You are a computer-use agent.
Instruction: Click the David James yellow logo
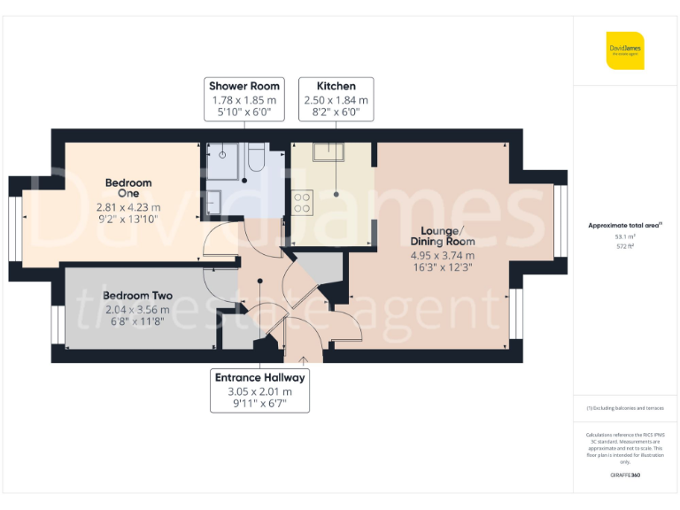(625, 50)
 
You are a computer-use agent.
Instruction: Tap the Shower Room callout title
(244, 86)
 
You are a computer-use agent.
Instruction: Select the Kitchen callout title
(336, 86)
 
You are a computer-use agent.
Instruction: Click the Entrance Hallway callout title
(260, 377)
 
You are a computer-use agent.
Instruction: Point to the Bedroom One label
(128, 189)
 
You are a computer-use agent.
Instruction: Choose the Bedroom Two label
(137, 296)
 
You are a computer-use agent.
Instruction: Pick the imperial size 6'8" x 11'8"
(137, 322)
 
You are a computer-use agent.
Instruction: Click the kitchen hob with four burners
(302, 203)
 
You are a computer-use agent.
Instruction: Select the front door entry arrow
(304, 359)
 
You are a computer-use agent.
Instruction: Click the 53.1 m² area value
(625, 236)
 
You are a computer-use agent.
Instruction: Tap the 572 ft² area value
(625, 246)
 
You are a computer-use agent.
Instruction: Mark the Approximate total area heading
(625, 225)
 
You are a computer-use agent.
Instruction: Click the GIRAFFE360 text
(625, 475)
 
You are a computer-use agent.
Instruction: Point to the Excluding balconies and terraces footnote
(625, 408)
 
